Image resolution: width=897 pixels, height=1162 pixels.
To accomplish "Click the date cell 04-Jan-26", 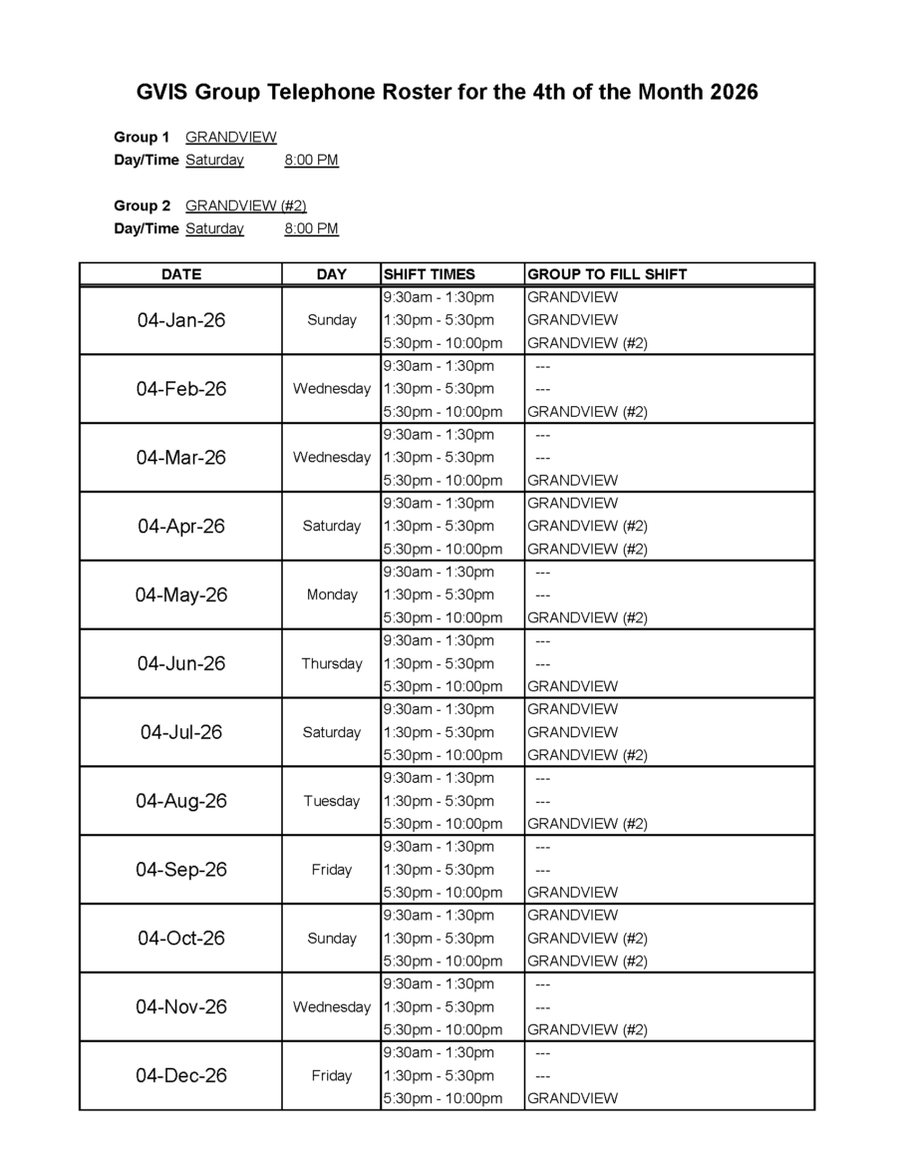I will (x=181, y=320).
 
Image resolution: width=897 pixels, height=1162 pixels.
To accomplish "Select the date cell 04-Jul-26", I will (x=181, y=732).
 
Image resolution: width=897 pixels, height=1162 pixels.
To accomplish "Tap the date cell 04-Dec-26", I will (x=181, y=1075).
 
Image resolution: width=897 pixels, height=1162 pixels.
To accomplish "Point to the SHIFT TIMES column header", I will (x=430, y=274).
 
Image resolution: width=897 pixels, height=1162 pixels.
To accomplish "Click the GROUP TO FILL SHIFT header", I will (x=607, y=274).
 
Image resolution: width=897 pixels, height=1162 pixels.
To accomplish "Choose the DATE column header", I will (x=181, y=274).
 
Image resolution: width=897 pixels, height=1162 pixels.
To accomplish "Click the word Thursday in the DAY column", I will (x=332, y=663).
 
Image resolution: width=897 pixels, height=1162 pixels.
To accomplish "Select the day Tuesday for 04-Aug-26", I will (x=332, y=801).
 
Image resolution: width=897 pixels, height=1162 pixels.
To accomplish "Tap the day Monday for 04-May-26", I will (x=332, y=594).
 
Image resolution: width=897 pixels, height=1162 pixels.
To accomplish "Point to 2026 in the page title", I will (x=735, y=93).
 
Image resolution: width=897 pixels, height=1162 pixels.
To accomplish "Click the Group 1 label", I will (x=142, y=137).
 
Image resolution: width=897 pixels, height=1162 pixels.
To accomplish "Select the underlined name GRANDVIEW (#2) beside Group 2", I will (x=246, y=205).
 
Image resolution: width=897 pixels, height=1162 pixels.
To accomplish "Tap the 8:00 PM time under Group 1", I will (x=311, y=160).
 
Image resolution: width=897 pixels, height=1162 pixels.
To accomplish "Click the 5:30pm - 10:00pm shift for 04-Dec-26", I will (x=443, y=1098).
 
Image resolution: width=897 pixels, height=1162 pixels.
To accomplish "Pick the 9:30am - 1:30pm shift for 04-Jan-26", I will (x=439, y=297).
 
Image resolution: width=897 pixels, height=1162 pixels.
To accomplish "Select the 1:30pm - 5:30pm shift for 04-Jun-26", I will (x=439, y=663).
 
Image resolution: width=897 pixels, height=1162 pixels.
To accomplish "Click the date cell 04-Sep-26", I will (x=181, y=870).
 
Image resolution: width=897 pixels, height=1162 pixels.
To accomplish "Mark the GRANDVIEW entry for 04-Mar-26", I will (x=572, y=480).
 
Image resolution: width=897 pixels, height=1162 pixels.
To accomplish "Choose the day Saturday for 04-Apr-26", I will (x=332, y=526).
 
